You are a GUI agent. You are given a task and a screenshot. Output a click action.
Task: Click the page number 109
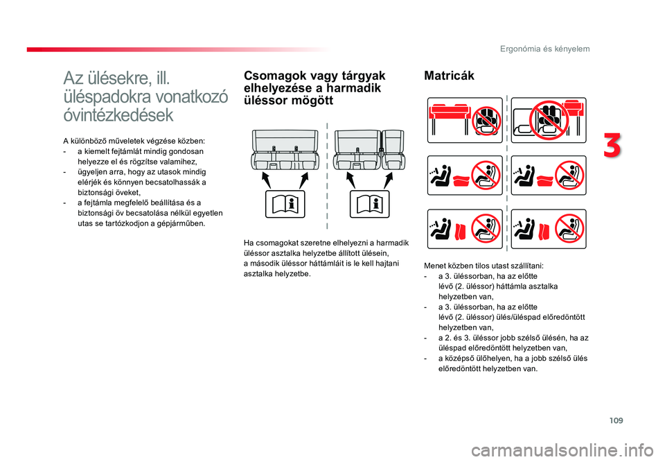tap(617, 420)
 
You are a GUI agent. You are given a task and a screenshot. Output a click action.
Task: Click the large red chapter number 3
tap(612, 145)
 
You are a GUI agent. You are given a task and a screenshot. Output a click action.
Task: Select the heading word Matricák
tap(449, 76)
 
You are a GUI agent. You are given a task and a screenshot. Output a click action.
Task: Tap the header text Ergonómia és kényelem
tap(544, 49)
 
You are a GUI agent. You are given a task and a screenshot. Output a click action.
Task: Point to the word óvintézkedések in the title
tap(118, 115)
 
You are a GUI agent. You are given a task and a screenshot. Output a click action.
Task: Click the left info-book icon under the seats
tap(285, 204)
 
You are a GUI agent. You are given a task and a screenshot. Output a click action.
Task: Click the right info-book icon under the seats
tap(369, 204)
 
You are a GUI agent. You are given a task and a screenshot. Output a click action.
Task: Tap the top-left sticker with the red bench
tap(465, 120)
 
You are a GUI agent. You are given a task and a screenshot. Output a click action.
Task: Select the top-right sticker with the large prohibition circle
tap(549, 120)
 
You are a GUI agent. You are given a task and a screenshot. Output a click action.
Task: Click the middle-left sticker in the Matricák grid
tap(465, 175)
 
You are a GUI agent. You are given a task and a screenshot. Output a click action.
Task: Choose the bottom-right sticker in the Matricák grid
tap(549, 229)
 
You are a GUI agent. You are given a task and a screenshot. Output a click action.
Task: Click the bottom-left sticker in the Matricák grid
tap(465, 229)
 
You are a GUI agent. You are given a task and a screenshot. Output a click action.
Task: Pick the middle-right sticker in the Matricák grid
tap(549, 175)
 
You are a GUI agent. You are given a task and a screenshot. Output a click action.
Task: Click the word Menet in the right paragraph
tap(434, 266)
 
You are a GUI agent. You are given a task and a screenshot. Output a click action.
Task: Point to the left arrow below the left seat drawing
tap(266, 180)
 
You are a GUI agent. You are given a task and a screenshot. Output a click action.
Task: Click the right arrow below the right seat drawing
tap(389, 180)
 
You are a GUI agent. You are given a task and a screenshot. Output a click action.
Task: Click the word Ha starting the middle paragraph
tap(249, 243)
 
